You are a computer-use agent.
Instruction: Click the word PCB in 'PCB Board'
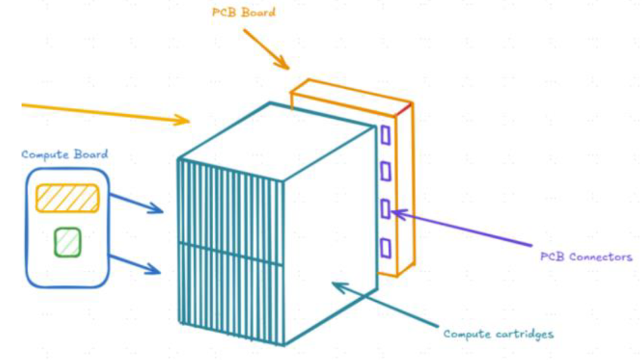pos(224,12)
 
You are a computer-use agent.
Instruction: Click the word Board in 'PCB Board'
pos(258,12)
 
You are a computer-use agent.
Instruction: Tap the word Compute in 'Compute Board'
pos(45,155)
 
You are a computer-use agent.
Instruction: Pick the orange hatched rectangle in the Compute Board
pos(67,199)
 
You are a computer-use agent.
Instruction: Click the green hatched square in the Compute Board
pos(68,242)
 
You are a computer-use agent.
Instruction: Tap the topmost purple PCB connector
pos(385,135)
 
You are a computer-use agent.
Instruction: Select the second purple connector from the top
pos(385,171)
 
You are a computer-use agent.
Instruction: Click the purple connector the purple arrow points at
pos(385,209)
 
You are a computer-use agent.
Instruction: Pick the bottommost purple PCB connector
pos(385,248)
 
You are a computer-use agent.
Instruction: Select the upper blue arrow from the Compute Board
pos(137,204)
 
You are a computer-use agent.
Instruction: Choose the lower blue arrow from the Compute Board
pos(135,264)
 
